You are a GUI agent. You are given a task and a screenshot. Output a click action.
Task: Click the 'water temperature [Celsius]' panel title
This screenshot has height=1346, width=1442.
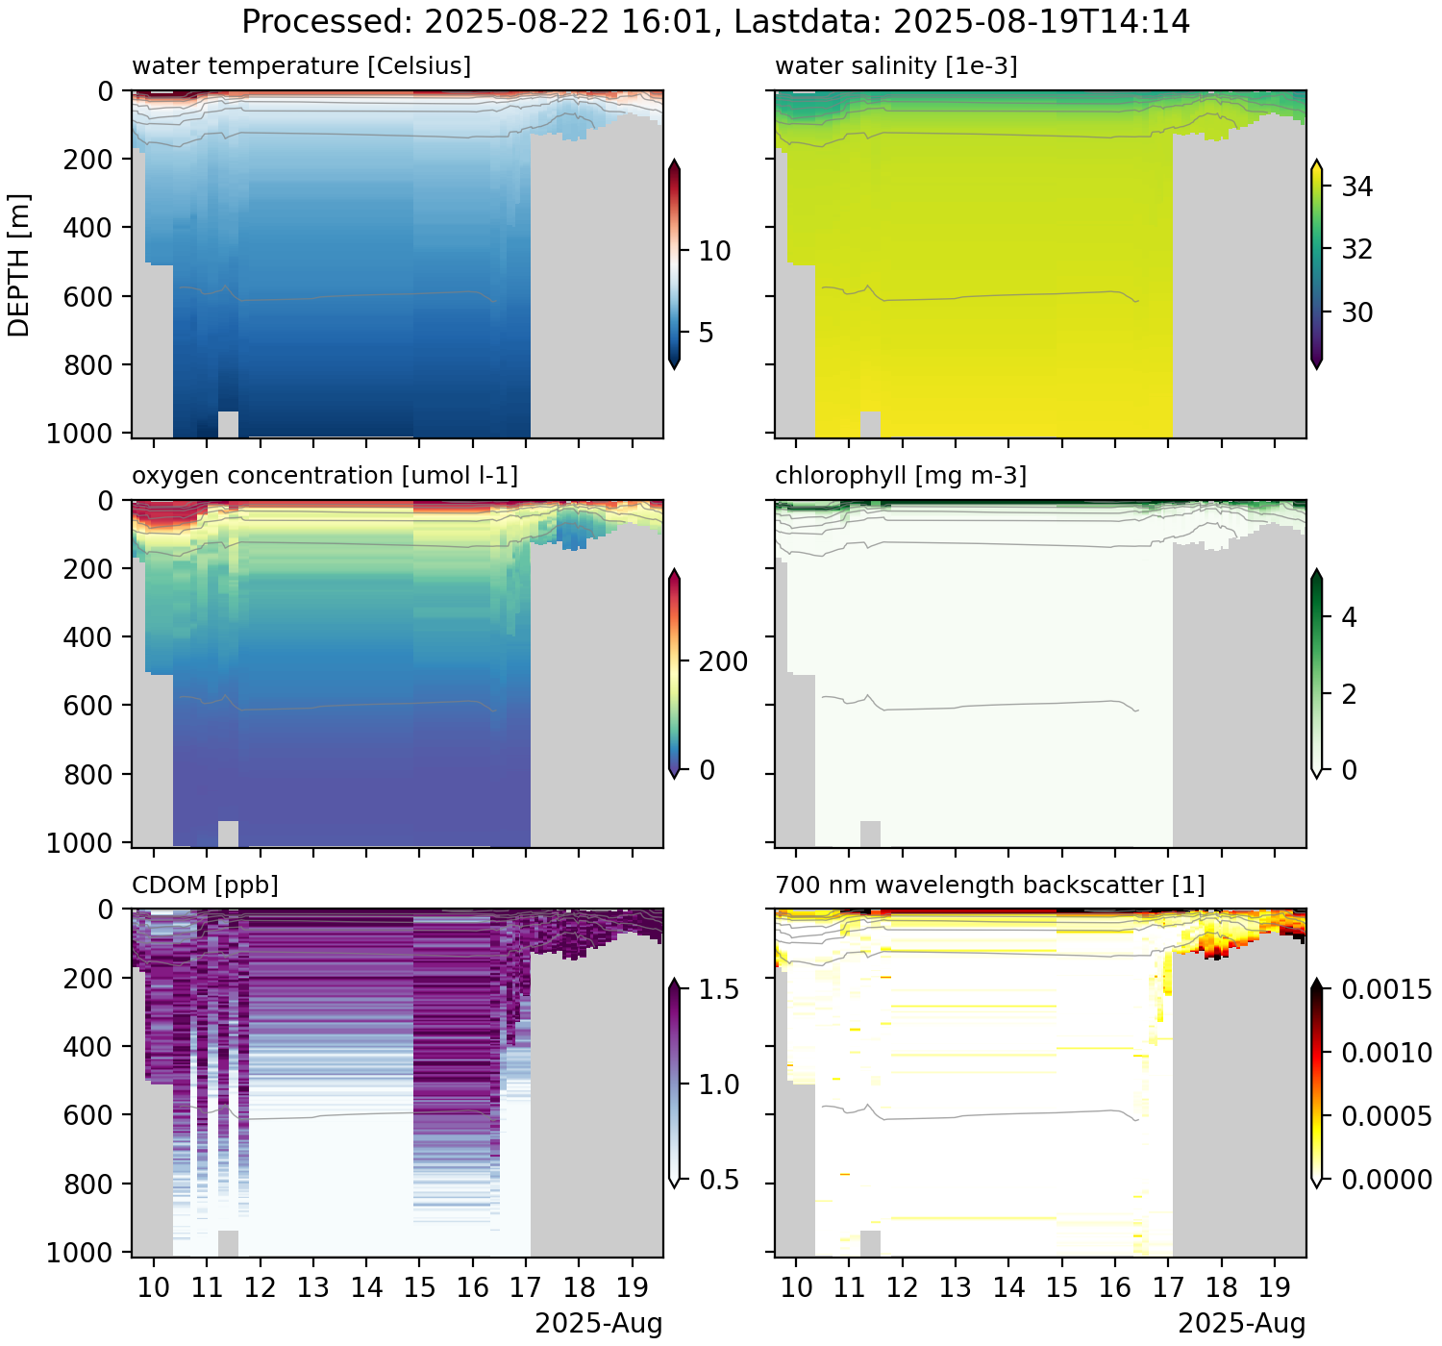pyautogui.click(x=301, y=65)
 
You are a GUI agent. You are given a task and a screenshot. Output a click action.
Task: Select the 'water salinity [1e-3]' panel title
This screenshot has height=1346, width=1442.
pyautogui.click(x=896, y=65)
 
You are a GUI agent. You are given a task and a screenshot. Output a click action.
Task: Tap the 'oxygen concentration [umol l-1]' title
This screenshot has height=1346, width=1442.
pyautogui.click(x=324, y=475)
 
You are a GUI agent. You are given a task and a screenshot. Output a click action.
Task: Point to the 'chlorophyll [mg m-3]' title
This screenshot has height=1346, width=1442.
pyautogui.click(x=900, y=475)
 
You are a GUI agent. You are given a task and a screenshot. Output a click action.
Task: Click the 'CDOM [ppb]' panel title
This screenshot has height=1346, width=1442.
pyautogui.click(x=205, y=885)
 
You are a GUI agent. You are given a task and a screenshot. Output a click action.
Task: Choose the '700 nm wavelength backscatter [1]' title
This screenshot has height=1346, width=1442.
pyautogui.click(x=989, y=885)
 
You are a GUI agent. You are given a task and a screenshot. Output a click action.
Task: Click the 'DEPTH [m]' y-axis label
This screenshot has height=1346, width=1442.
pyautogui.click(x=19, y=264)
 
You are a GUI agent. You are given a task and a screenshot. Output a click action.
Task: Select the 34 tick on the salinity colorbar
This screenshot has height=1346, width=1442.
pyautogui.click(x=1356, y=187)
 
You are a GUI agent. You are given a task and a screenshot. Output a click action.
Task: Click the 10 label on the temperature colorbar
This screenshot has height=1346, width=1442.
pyautogui.click(x=714, y=251)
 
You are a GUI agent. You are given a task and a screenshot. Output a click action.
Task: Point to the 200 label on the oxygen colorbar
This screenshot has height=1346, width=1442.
pyautogui.click(x=723, y=661)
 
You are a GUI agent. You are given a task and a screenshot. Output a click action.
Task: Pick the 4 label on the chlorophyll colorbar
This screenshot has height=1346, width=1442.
pyautogui.click(x=1349, y=617)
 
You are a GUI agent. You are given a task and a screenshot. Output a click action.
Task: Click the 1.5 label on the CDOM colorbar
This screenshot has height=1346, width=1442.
pyautogui.click(x=718, y=989)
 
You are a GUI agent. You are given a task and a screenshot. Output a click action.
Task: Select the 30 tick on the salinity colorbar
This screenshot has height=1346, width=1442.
pyautogui.click(x=1356, y=312)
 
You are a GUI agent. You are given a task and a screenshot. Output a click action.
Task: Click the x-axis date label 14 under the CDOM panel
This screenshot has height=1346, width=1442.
pyautogui.click(x=366, y=1287)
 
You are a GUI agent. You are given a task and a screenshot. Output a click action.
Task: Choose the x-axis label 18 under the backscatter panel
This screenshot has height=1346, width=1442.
pyautogui.click(x=1221, y=1287)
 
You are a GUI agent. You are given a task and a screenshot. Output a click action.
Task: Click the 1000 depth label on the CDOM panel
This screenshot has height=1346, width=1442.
pyautogui.click(x=79, y=1252)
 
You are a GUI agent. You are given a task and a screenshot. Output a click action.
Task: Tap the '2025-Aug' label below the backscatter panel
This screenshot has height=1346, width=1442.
pyautogui.click(x=1241, y=1324)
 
